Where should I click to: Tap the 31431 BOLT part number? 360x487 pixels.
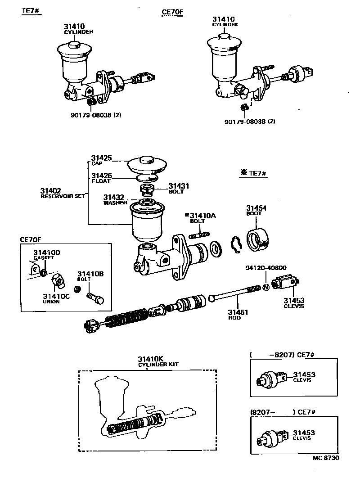click(x=179, y=186)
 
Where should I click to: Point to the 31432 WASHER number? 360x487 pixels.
click(x=112, y=197)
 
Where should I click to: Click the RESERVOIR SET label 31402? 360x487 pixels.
click(x=51, y=191)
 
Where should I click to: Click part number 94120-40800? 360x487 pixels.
click(x=266, y=267)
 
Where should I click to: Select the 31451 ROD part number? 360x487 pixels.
click(x=238, y=312)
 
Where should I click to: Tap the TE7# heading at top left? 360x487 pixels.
click(x=31, y=11)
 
